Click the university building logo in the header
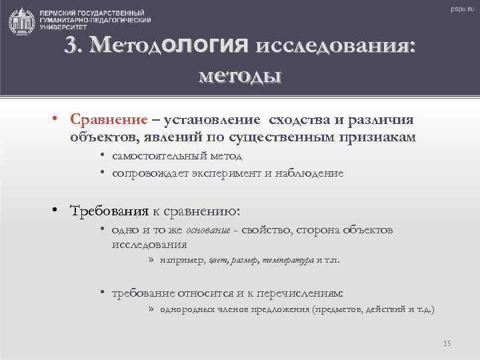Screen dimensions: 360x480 click(x=21, y=21)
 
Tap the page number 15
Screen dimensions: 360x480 click(x=447, y=343)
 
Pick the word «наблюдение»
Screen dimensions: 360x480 click(x=313, y=173)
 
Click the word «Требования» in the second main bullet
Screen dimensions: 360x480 click(x=109, y=211)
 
